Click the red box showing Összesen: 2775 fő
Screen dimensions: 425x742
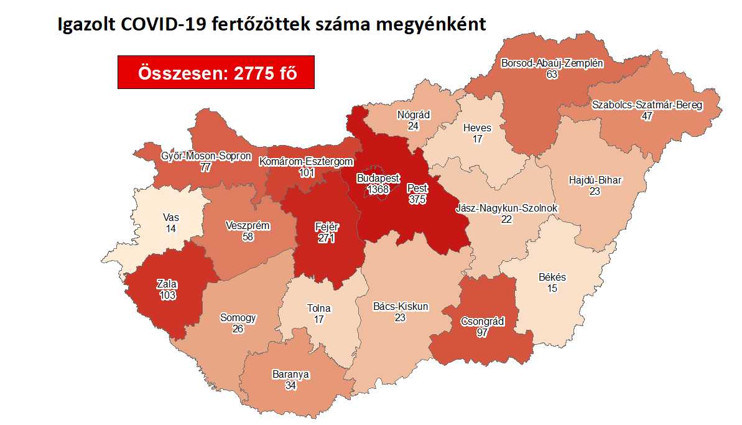point(216,72)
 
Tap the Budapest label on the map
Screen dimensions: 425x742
point(378,178)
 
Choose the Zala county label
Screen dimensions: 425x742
point(167,285)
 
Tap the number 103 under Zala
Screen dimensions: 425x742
point(167,296)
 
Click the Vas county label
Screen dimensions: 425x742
point(171,218)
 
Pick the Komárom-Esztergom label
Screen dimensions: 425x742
point(307,162)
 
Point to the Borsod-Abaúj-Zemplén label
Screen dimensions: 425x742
point(552,63)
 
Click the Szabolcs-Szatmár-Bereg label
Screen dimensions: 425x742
point(647,105)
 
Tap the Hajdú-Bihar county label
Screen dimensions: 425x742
point(595,180)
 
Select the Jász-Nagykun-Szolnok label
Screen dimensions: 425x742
point(507,208)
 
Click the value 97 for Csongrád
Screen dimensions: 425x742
point(482,332)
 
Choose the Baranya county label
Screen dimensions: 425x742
point(290,375)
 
